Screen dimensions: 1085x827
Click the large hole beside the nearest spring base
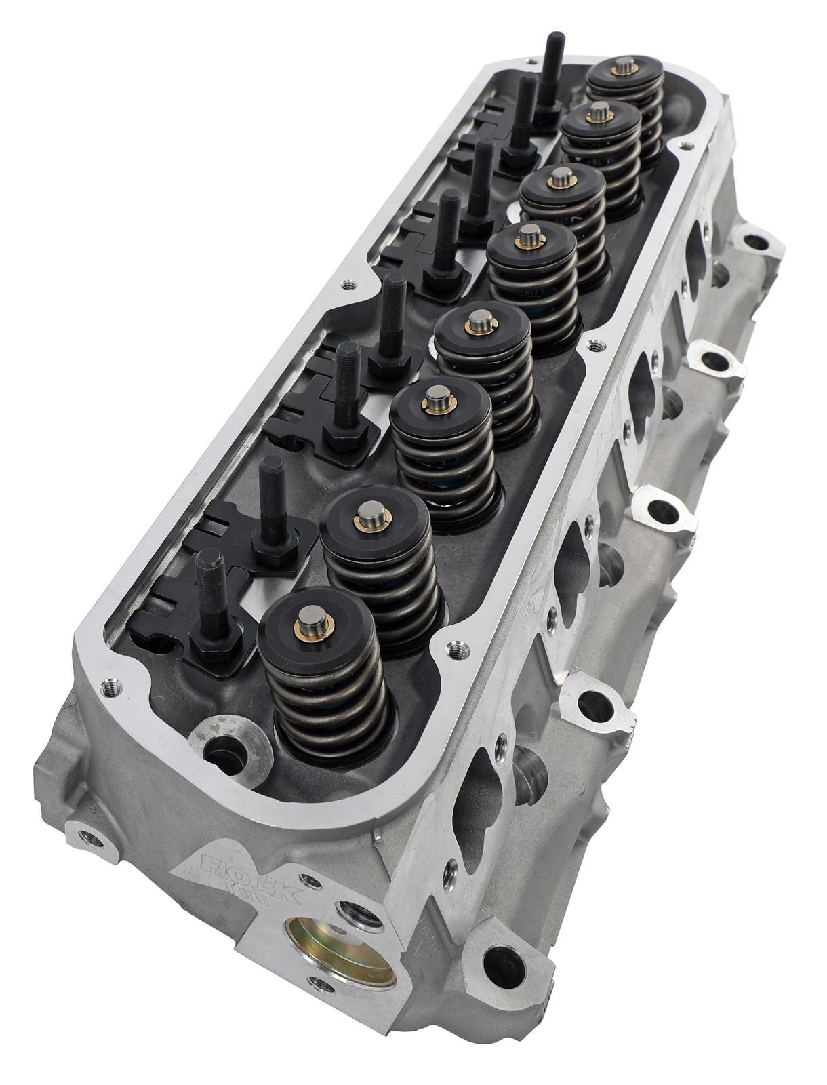222,746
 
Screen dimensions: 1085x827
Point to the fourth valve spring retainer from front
480,326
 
